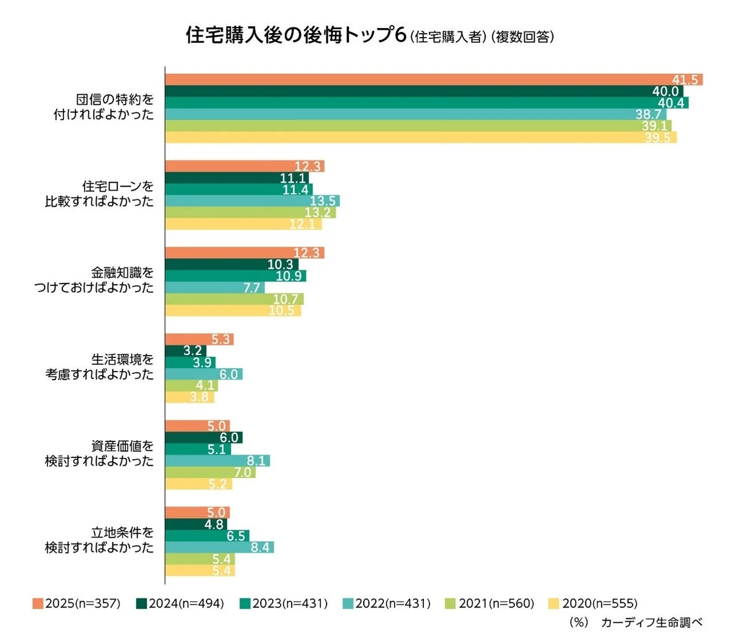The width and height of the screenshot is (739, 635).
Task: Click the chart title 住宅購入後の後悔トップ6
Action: (x=296, y=36)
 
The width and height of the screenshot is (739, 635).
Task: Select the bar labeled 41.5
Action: (x=434, y=80)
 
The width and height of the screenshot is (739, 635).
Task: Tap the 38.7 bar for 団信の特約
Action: (x=401, y=115)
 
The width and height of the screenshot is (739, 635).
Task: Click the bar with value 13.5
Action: (x=252, y=201)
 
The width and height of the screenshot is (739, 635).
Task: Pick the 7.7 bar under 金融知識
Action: (x=215, y=287)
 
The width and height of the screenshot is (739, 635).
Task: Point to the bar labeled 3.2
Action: (x=185, y=351)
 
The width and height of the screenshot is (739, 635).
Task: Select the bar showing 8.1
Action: (x=217, y=461)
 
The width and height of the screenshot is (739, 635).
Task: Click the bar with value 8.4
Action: (x=219, y=547)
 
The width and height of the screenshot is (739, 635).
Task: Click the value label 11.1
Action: (x=293, y=178)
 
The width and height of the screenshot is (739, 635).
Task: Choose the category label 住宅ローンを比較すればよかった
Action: (x=100, y=194)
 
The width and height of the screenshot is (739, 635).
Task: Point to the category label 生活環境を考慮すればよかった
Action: (x=100, y=367)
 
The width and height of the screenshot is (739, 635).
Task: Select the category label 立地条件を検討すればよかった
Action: (x=100, y=540)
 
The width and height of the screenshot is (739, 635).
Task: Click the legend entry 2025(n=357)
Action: (x=77, y=604)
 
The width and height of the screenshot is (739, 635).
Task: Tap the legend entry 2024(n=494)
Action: (x=180, y=604)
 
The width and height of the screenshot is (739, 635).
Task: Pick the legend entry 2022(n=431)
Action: (x=387, y=604)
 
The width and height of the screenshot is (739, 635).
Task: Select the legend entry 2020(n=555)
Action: (x=593, y=604)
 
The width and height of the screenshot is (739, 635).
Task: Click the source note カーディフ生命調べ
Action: (x=651, y=622)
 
